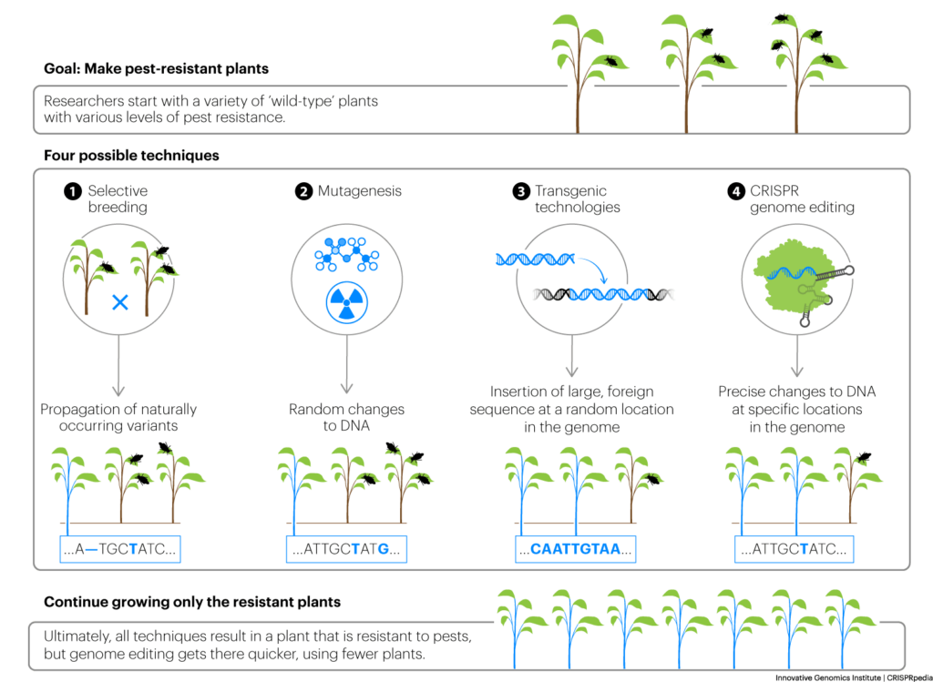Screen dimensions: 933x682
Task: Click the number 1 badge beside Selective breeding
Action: click(x=72, y=191)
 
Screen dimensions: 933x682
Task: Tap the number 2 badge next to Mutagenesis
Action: click(x=303, y=191)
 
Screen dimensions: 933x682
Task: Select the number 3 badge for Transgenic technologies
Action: click(x=520, y=191)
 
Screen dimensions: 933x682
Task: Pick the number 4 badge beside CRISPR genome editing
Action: click(x=736, y=191)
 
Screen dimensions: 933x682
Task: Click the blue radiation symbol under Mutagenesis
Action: click(x=347, y=302)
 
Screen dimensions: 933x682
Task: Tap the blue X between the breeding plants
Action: click(x=120, y=302)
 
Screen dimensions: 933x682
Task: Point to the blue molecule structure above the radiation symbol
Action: click(x=347, y=254)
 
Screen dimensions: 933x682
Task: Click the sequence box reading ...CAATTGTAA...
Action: click(x=576, y=549)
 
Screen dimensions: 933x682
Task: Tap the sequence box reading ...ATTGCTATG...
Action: click(x=346, y=549)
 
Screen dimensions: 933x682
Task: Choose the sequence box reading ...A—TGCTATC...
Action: click(x=120, y=549)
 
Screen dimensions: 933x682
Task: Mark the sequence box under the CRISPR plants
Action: click(x=794, y=549)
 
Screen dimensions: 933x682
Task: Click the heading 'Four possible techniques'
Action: click(x=131, y=156)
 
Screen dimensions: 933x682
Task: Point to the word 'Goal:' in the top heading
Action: click(x=62, y=69)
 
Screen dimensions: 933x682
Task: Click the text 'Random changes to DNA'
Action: click(x=346, y=417)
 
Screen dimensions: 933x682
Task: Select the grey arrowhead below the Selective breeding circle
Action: click(x=119, y=391)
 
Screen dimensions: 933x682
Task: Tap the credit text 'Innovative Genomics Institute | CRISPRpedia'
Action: click(x=853, y=677)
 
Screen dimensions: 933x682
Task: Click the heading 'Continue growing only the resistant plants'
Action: click(x=192, y=602)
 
